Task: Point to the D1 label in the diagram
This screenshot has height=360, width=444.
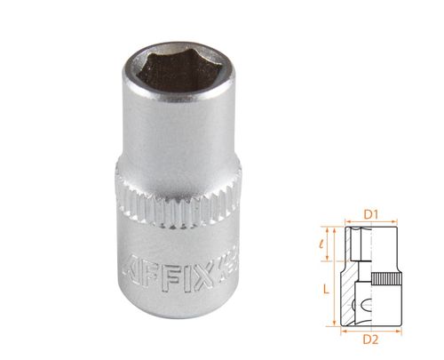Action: click(373, 214)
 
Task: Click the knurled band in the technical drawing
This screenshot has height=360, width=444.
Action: click(385, 279)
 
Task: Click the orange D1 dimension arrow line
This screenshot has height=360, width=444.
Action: click(373, 223)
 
